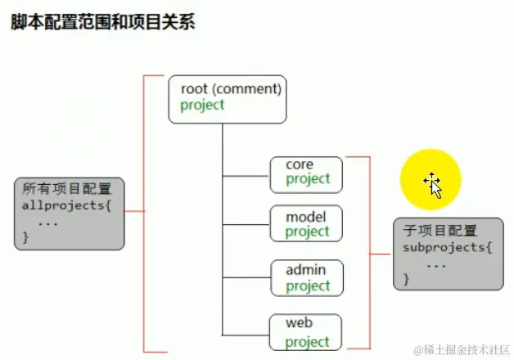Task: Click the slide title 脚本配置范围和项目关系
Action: [x=102, y=21]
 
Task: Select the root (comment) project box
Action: [x=227, y=98]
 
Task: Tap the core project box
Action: [x=306, y=172]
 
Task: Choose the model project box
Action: [x=306, y=224]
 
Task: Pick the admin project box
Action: [x=306, y=278]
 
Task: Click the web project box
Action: [x=306, y=332]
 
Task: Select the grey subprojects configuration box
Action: [x=448, y=253]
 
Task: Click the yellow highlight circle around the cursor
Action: [x=431, y=179]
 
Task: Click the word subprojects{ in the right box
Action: [x=447, y=248]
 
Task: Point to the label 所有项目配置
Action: [x=67, y=188]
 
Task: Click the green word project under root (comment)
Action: [x=202, y=106]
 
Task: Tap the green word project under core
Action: [x=308, y=179]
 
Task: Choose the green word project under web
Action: [x=308, y=342]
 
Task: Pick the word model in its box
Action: [x=305, y=217]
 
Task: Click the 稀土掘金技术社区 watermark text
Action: [x=463, y=349]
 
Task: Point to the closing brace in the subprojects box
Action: [x=406, y=280]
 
